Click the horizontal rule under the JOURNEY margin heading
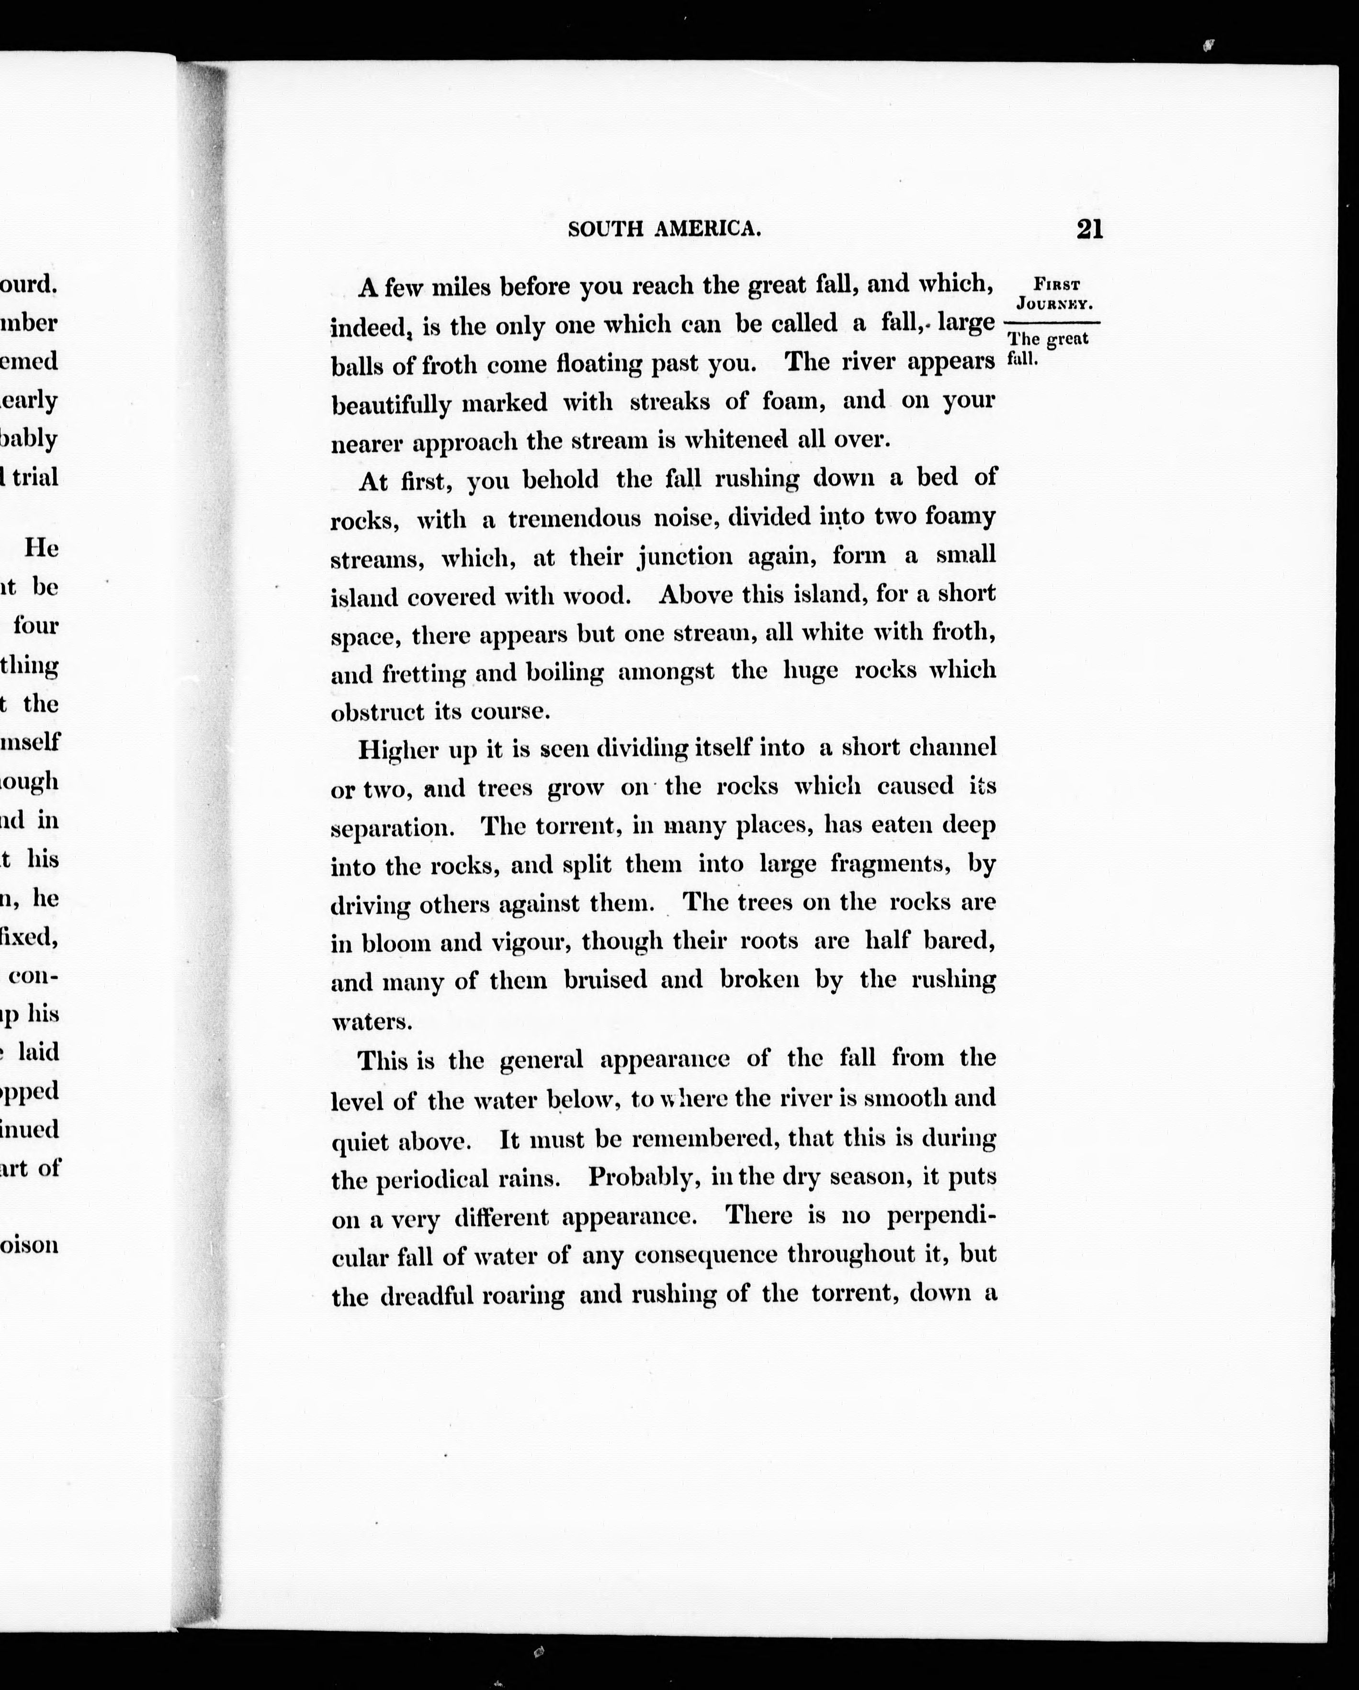pyautogui.click(x=1052, y=323)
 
